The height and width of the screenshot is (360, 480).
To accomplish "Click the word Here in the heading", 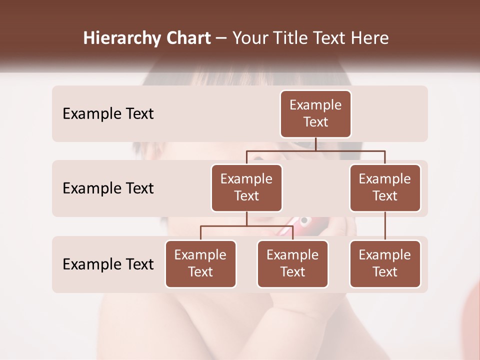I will click(x=369, y=38).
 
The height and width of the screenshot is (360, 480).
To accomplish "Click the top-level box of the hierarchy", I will click(x=315, y=113).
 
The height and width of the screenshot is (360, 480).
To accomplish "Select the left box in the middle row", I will click(x=246, y=187).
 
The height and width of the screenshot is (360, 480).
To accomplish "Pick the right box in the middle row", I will click(x=385, y=187).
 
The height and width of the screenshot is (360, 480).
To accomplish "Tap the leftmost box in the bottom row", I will click(x=200, y=263).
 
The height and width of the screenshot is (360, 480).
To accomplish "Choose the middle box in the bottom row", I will click(x=292, y=263).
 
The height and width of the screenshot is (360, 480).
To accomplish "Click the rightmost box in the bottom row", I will click(x=385, y=263).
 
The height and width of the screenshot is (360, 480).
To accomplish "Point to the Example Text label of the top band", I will click(x=108, y=114).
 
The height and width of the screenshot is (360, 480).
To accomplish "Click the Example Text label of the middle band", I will click(x=108, y=188).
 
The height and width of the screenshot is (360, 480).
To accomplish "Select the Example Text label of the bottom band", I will click(x=108, y=264).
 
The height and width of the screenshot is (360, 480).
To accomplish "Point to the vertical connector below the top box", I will click(x=315, y=144).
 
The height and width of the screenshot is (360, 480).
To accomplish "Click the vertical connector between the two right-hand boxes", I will click(x=385, y=226).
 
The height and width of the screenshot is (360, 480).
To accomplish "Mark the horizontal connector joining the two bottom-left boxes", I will click(x=246, y=226).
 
